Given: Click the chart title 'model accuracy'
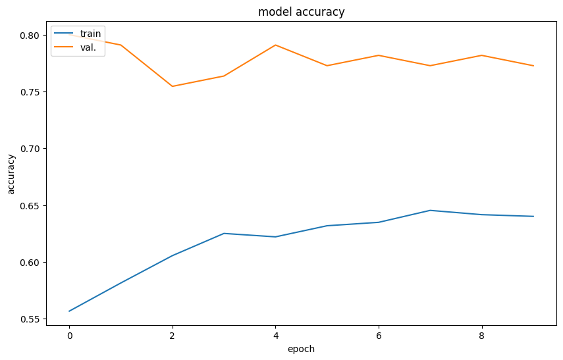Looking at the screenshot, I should click(302, 12).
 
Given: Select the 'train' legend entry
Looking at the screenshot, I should click(90, 34).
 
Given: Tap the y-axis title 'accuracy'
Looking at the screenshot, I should click(11, 174).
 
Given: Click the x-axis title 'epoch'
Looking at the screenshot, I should click(302, 349).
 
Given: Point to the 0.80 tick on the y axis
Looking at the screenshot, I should click(30, 35).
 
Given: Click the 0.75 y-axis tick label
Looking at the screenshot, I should click(30, 92).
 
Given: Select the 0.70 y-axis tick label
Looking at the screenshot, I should click(30, 149).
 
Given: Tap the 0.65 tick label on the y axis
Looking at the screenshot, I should click(30, 206).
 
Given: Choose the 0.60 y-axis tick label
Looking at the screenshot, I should click(30, 263).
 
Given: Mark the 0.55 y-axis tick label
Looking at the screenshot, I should click(30, 319).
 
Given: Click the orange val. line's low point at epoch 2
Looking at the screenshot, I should click(173, 86).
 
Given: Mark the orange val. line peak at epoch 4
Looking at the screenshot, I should click(275, 45).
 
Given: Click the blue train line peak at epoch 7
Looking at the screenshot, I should click(430, 211).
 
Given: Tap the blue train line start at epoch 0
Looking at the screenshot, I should click(69, 311).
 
